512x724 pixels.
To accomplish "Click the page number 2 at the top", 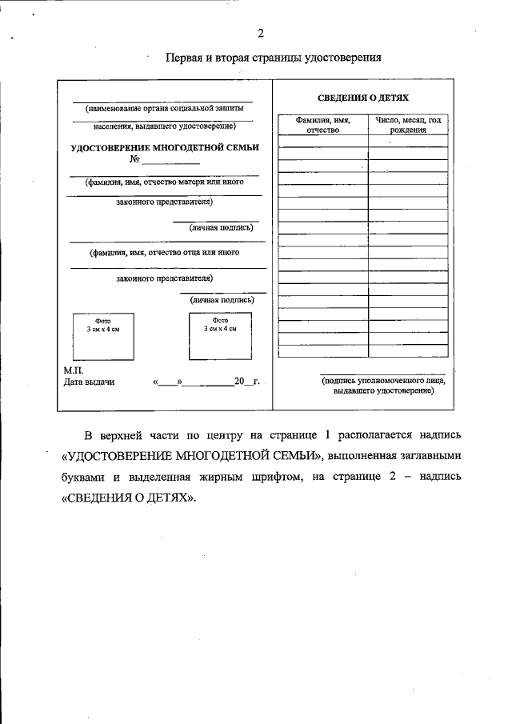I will point(261,33).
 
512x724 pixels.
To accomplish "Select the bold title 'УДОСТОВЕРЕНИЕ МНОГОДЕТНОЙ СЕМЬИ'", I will point(165,147).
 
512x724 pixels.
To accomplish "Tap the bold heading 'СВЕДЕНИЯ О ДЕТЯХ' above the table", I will point(363,97).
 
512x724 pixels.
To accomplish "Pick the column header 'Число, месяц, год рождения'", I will point(408,125).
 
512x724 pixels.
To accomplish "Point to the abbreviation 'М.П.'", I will point(74,371).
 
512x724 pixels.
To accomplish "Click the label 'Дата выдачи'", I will point(89,382).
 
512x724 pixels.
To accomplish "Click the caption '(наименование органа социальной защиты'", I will point(163,106).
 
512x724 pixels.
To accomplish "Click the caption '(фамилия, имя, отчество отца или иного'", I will point(165,252).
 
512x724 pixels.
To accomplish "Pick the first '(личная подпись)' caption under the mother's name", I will point(222,227).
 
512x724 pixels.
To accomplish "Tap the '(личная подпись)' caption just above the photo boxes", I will point(222,300).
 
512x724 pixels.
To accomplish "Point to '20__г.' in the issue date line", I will point(246,382).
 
